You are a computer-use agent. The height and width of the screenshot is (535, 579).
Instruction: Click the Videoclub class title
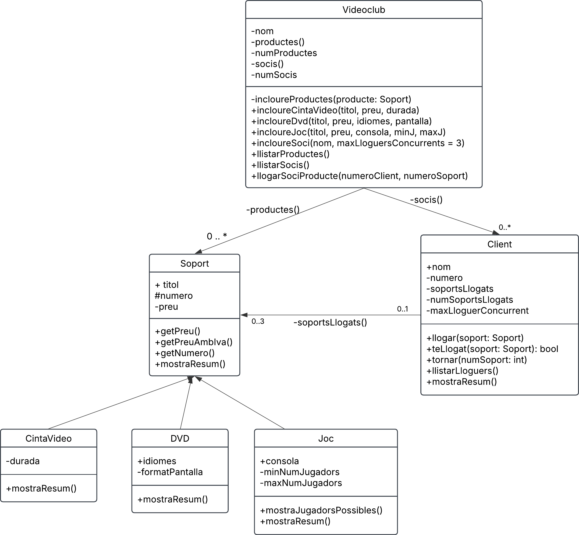[x=364, y=10]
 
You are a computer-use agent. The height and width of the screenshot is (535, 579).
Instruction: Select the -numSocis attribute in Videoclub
[x=274, y=75]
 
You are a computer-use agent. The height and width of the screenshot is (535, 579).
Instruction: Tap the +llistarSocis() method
[x=280, y=165]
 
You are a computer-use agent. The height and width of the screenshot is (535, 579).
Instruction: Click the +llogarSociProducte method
[x=359, y=176]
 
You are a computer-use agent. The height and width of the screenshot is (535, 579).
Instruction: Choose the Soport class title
[x=195, y=263]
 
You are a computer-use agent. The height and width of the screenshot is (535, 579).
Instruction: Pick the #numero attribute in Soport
[x=174, y=296]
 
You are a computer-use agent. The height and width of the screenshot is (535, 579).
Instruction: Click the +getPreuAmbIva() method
[x=194, y=342]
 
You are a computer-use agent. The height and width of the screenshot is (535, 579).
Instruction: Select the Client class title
[x=499, y=244]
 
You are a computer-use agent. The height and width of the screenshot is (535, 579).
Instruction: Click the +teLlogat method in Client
[x=492, y=349]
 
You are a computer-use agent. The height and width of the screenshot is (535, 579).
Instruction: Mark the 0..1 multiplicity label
[x=402, y=309]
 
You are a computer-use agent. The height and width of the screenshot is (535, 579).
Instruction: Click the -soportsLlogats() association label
[x=330, y=322]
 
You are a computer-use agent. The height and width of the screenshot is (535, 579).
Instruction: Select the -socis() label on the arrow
[x=426, y=200]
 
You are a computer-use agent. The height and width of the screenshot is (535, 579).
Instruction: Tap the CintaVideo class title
[x=48, y=439]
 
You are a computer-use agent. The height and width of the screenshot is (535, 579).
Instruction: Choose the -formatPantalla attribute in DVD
[x=170, y=472]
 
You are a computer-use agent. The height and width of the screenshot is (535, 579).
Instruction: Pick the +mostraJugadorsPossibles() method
[x=321, y=511]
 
